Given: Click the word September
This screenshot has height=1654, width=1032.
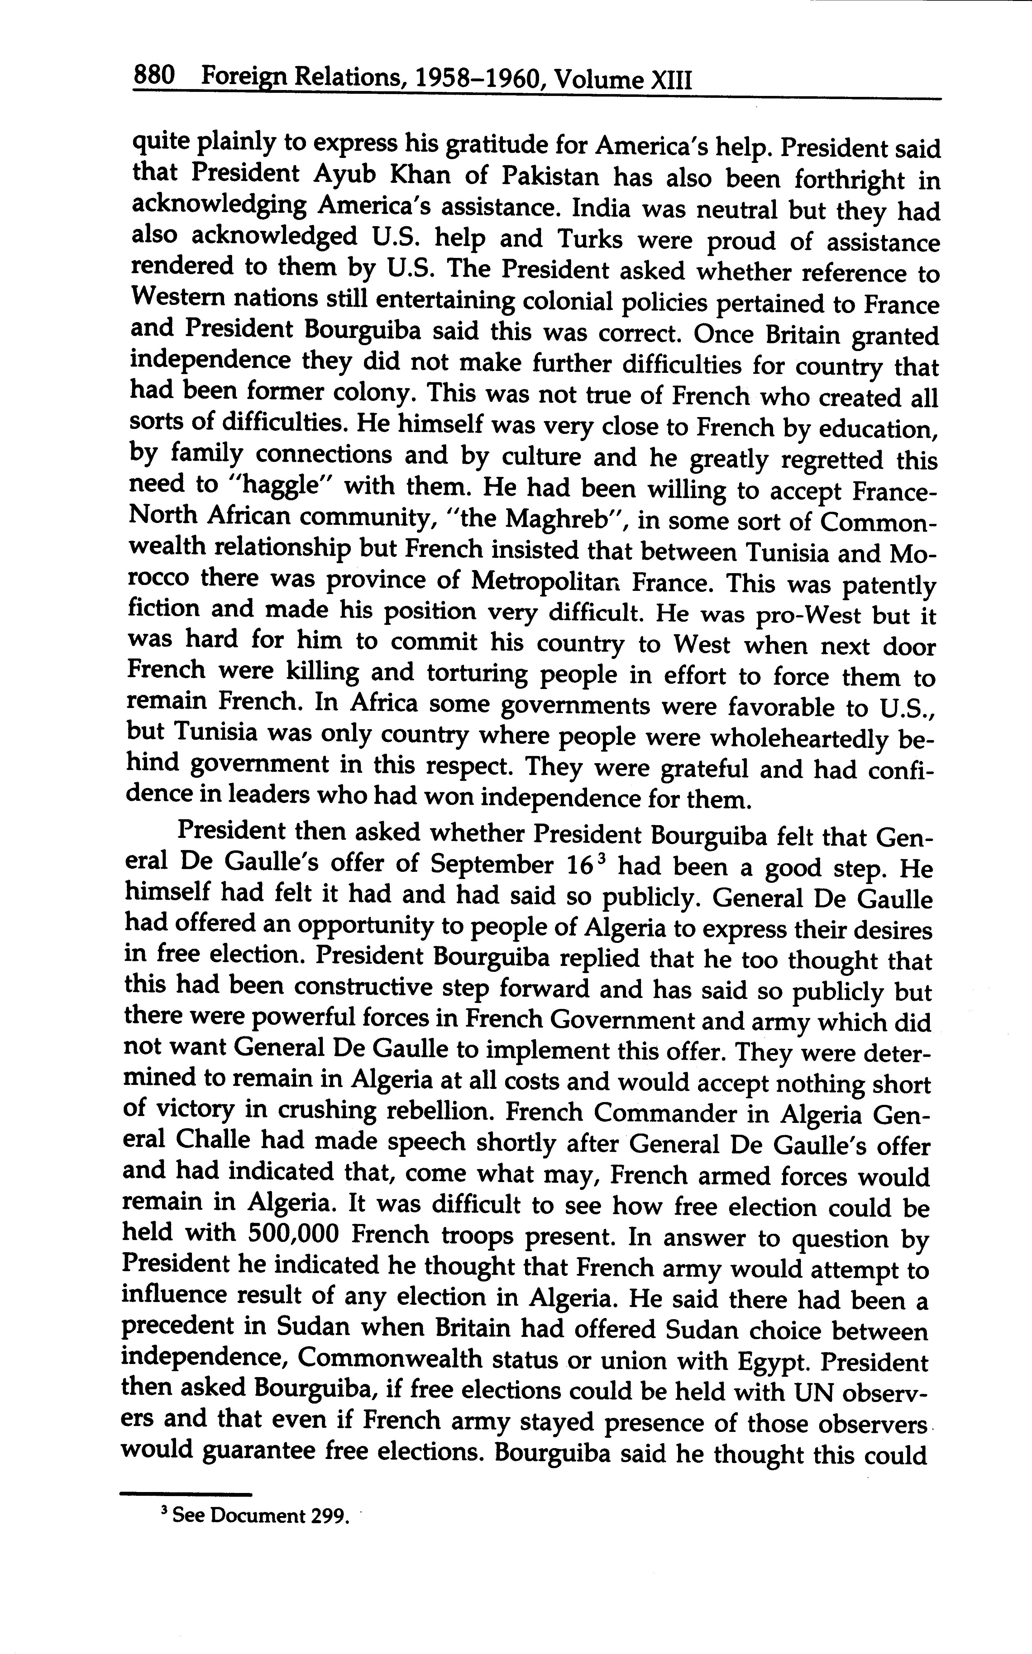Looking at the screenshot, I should point(491,865).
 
